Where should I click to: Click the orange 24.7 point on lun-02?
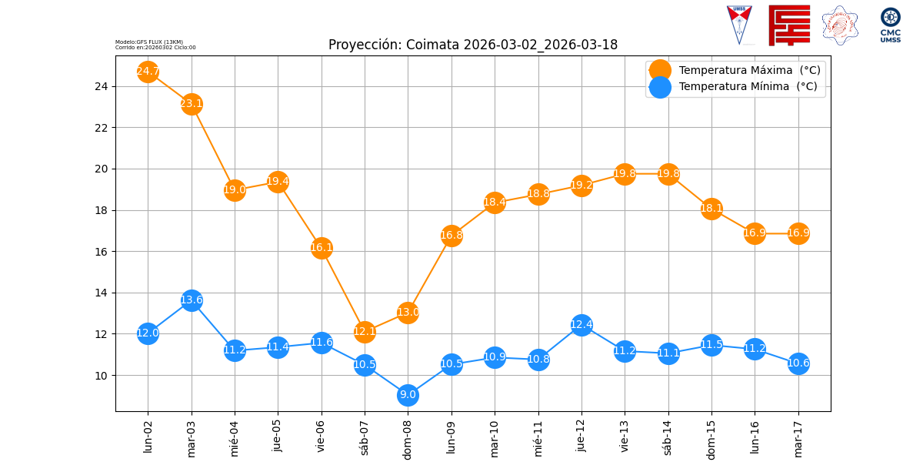pyautogui.click(x=148, y=72)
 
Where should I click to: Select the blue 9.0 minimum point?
pyautogui.click(x=408, y=395)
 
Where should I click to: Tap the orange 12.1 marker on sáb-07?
pyautogui.click(x=365, y=332)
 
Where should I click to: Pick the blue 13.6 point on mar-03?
pyautogui.click(x=192, y=300)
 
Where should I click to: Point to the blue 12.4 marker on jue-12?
pyautogui.click(x=581, y=324)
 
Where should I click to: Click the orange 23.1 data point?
pyautogui.click(x=192, y=104)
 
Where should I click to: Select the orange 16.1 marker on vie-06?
pyautogui.click(x=322, y=248)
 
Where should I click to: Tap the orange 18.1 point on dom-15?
pyautogui.click(x=711, y=208)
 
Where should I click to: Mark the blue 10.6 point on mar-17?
pyautogui.click(x=798, y=363)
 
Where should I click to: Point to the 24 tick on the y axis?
pyautogui.click(x=102, y=86)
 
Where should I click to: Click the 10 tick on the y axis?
pyautogui.click(x=102, y=376)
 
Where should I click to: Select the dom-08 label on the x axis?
pyautogui.click(x=408, y=437)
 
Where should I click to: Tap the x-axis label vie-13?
pyautogui.click(x=625, y=435)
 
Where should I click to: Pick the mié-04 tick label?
pyautogui.click(x=235, y=436)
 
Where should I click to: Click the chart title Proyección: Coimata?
pyautogui.click(x=472, y=45)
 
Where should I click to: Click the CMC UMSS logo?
pyautogui.click(x=890, y=25)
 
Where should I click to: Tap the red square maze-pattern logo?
pyautogui.click(x=789, y=25)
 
